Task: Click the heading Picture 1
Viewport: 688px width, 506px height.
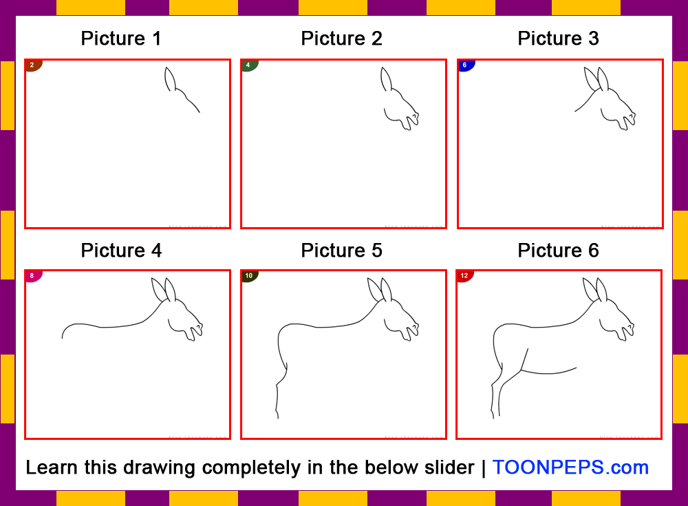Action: (121, 39)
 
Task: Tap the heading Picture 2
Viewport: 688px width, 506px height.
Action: (341, 39)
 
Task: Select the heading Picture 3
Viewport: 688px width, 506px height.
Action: (558, 39)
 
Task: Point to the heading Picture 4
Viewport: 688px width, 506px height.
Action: (121, 251)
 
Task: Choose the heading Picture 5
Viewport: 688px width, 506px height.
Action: (341, 251)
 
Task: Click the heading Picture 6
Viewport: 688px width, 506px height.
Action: (558, 251)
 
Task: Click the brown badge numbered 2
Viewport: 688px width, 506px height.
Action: (32, 65)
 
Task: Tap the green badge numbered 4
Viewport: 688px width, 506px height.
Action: (248, 65)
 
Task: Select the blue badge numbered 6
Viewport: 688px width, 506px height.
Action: (464, 65)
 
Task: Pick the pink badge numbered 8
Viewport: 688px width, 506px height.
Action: (32, 276)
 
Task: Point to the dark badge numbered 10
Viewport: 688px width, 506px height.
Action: (248, 276)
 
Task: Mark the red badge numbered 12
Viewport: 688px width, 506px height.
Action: (464, 276)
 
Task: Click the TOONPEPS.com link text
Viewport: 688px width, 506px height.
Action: (570, 467)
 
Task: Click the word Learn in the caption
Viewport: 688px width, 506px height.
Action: (52, 467)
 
